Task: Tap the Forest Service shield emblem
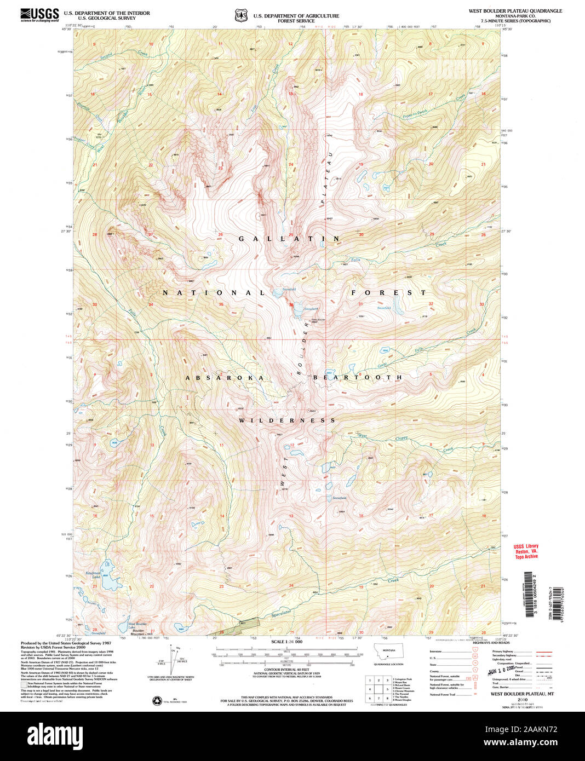pyautogui.click(x=241, y=15)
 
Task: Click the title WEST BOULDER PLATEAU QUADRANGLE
pyautogui.click(x=515, y=11)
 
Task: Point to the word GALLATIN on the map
pyautogui.click(x=289, y=239)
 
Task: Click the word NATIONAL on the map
pyautogui.click(x=214, y=293)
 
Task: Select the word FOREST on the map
pyautogui.click(x=388, y=293)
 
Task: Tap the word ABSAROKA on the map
pyautogui.click(x=225, y=378)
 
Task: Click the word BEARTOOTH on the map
pyautogui.click(x=358, y=378)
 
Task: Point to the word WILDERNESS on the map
pyautogui.click(x=287, y=420)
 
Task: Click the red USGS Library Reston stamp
pyautogui.click(x=526, y=551)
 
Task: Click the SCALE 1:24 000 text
pyautogui.click(x=286, y=642)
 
